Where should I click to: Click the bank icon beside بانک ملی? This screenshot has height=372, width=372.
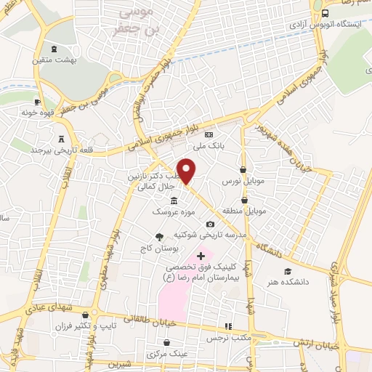coord(209,134)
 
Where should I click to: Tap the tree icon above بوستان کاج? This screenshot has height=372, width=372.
coord(159,236)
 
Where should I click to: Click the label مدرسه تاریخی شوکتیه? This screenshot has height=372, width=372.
coord(211,236)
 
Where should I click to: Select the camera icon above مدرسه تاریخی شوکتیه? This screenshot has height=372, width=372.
coord(211,225)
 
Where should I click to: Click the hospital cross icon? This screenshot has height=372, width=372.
coord(201,255)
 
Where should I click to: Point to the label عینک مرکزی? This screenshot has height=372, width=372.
coord(162,354)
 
